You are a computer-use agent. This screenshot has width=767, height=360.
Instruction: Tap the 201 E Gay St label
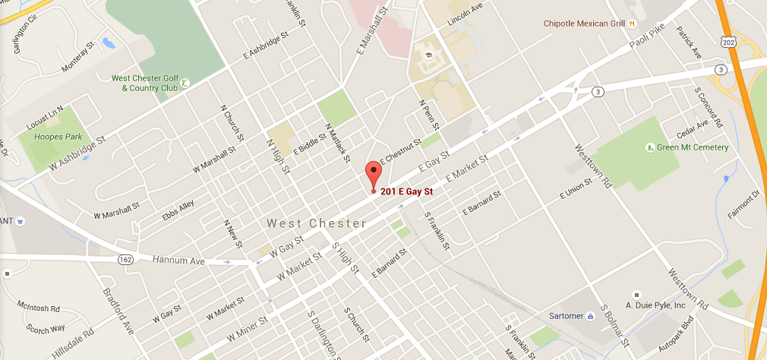click(411, 191)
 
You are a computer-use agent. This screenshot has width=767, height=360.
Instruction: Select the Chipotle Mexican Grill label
click(584, 24)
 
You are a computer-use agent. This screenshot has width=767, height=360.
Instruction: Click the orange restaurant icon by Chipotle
click(632, 24)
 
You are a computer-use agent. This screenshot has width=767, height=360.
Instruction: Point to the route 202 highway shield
click(728, 39)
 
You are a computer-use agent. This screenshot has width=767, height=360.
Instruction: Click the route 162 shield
click(125, 260)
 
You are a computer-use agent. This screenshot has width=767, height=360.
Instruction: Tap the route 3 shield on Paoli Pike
click(599, 92)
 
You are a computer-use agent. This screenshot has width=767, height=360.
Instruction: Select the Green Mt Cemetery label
click(693, 147)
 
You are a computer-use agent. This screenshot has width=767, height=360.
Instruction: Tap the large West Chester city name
click(316, 223)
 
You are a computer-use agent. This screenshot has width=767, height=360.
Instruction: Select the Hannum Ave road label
click(179, 261)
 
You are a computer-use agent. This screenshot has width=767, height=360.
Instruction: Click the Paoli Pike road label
click(646, 47)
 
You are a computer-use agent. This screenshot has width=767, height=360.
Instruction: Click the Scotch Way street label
click(45, 329)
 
